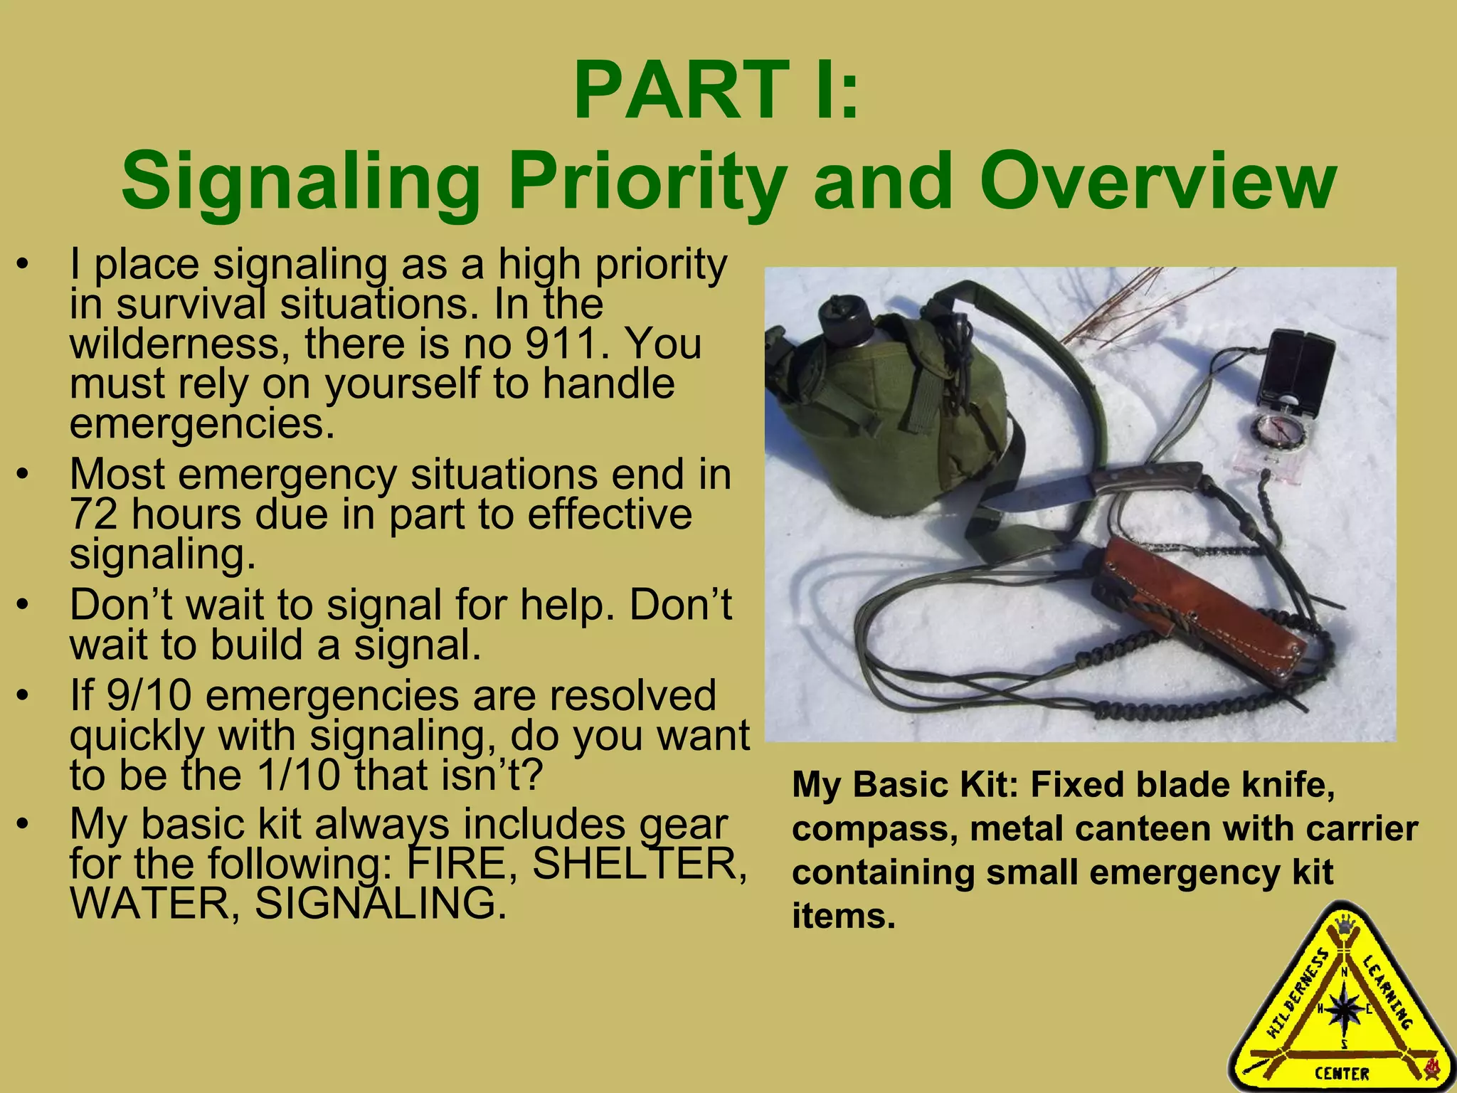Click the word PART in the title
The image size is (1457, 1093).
point(679,91)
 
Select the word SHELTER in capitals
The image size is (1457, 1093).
point(640,864)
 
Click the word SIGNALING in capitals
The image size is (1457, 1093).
point(381,904)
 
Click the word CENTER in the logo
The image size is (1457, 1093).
point(1342,1073)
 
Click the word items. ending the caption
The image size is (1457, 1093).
point(843,916)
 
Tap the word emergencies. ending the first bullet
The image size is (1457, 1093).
point(202,424)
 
